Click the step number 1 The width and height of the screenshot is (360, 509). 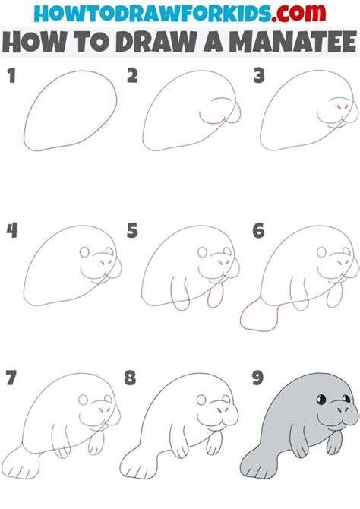coord(11,76)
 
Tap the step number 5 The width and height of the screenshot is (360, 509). coord(132,230)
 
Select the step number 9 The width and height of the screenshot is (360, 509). coord(257,378)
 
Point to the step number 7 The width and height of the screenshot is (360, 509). coord(11,378)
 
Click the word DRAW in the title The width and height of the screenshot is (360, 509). coord(156,42)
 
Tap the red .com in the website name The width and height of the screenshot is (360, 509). coord(298,14)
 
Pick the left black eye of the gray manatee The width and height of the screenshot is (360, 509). coord(321,399)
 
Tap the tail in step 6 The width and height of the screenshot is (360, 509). coord(259,315)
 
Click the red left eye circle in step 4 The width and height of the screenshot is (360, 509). coord(84,252)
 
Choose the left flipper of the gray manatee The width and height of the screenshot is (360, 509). coord(299,441)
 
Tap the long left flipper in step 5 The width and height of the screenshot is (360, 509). coord(180,293)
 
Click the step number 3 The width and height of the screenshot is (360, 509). coord(259,76)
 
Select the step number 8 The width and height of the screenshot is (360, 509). coord(130,378)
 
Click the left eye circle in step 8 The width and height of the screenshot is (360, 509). coord(201,400)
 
